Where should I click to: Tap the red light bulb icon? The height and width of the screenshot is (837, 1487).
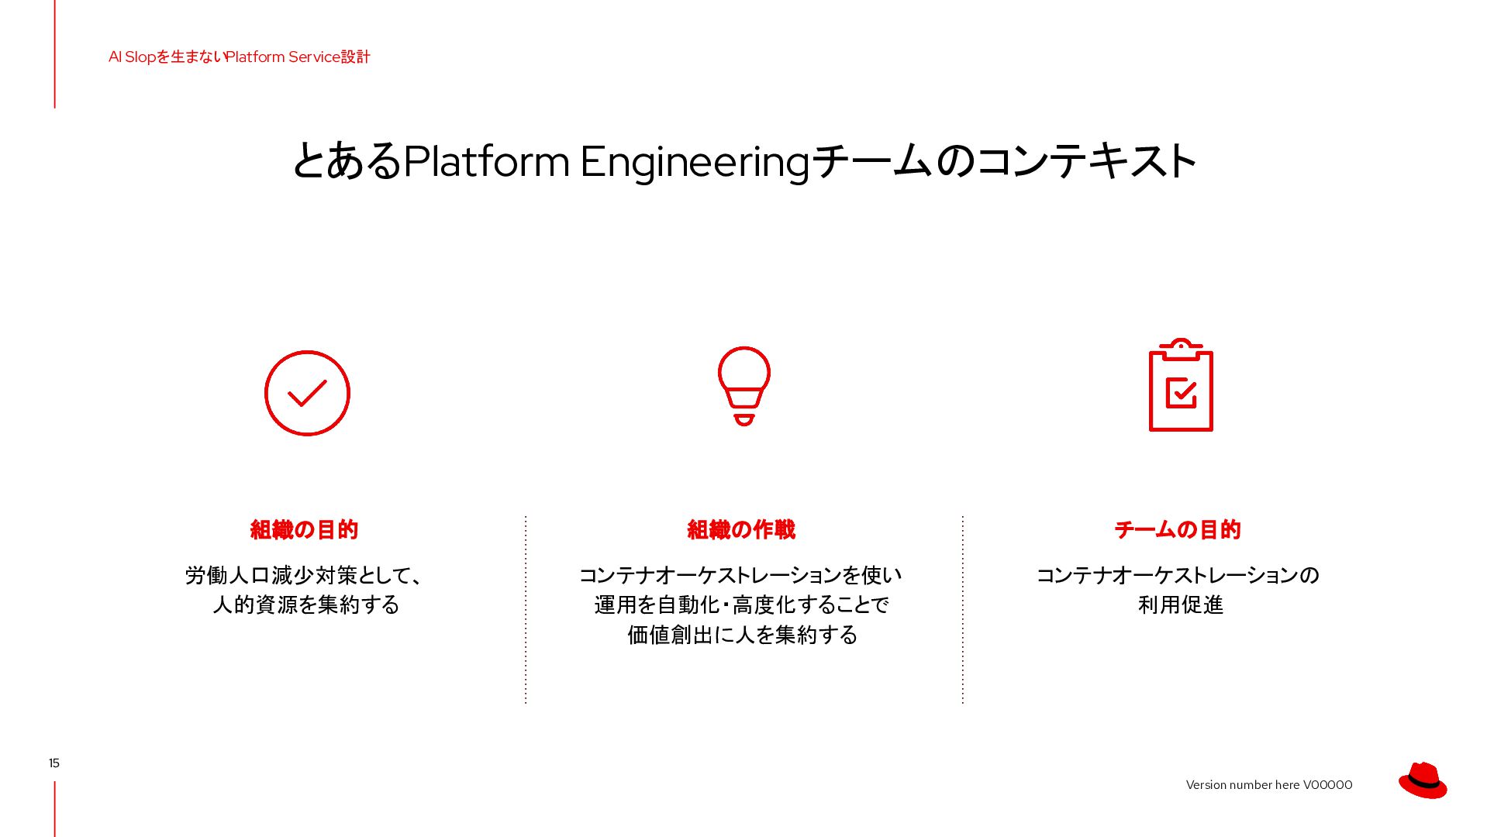(743, 385)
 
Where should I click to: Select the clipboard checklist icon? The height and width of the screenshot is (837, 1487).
(1181, 385)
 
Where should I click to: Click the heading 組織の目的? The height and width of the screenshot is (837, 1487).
(304, 530)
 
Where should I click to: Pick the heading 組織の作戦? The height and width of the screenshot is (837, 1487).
(741, 530)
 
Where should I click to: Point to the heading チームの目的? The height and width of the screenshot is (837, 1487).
(1178, 530)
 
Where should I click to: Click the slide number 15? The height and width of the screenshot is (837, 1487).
(54, 763)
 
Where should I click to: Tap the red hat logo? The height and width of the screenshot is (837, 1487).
(1423, 780)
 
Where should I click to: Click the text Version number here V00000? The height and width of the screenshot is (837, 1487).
(1269, 785)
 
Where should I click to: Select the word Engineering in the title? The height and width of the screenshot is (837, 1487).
(695, 162)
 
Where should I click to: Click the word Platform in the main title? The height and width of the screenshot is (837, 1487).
(486, 161)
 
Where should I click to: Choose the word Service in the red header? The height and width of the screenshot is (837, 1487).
(314, 57)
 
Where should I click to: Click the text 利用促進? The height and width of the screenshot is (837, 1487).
(1181, 604)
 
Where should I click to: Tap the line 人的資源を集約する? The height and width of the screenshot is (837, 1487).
(306, 604)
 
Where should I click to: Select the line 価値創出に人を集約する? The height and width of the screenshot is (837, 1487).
(743, 635)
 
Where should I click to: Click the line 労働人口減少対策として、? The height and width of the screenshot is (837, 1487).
(305, 575)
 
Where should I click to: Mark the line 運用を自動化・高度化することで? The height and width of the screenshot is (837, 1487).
(742, 604)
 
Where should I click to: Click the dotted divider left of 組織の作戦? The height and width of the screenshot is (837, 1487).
(526, 610)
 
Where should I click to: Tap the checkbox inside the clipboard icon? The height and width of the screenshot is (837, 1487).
(1181, 392)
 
